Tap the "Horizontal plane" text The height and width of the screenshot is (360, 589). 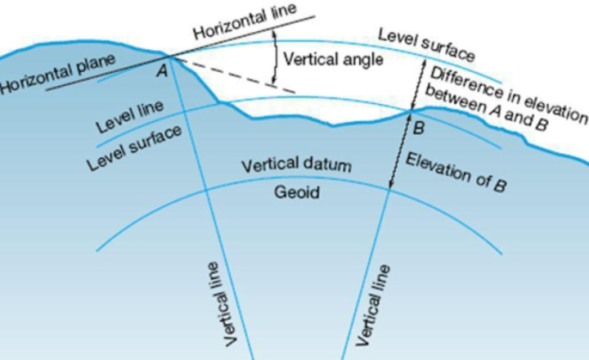[x=57, y=74]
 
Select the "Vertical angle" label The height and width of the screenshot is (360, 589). [x=333, y=60]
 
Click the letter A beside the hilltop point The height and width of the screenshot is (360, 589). [x=162, y=70]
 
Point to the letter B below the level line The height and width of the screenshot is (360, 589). [x=419, y=128]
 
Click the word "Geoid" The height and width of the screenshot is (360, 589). [x=297, y=192]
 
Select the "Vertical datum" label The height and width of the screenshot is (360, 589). [x=296, y=165]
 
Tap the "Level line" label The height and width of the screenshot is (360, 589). [x=129, y=116]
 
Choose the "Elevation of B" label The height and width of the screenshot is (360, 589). [x=456, y=173]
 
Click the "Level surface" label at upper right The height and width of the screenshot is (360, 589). [x=426, y=45]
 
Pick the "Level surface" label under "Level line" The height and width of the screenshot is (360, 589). [x=134, y=148]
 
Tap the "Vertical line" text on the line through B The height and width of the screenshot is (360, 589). [x=373, y=304]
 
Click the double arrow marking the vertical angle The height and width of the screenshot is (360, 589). [x=275, y=56]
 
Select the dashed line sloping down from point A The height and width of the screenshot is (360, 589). [x=234, y=74]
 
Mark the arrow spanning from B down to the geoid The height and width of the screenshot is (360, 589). [x=400, y=151]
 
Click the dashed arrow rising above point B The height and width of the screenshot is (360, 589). [x=419, y=85]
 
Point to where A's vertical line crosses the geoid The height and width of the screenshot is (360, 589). [x=206, y=190]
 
